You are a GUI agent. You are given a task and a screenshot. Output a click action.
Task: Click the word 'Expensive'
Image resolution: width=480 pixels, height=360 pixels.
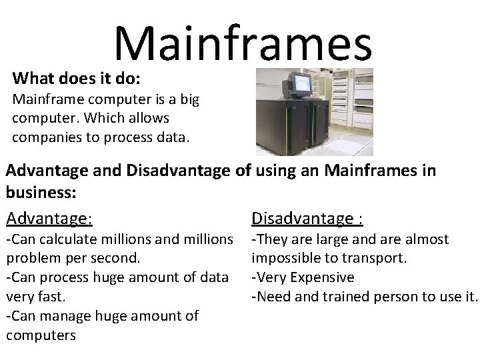(x=322, y=277)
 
